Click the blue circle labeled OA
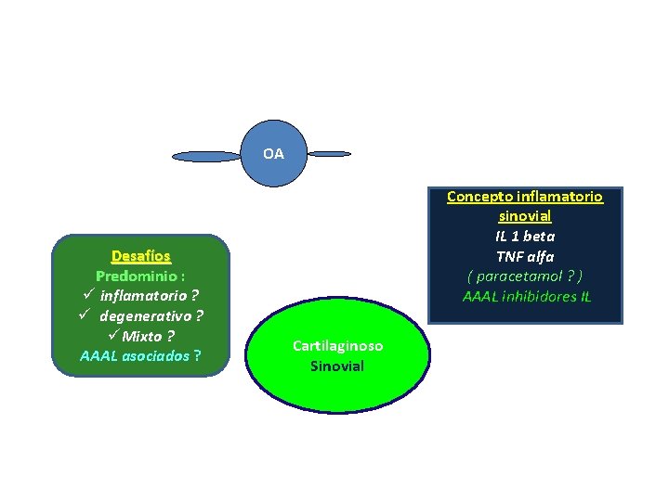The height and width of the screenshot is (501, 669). pyautogui.click(x=273, y=153)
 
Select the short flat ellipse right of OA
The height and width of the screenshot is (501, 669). pyautogui.click(x=329, y=153)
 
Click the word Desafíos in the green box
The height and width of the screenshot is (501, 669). pyautogui.click(x=140, y=256)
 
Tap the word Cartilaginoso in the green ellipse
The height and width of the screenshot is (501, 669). pyautogui.click(x=337, y=346)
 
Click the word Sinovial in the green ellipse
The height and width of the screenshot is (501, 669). pyautogui.click(x=337, y=366)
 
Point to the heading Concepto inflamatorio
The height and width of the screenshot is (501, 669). pyautogui.click(x=524, y=197)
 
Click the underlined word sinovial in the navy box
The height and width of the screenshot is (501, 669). pyautogui.click(x=525, y=216)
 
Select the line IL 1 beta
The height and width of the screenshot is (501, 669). pyautogui.click(x=525, y=237)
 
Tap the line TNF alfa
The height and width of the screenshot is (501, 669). pyautogui.click(x=525, y=257)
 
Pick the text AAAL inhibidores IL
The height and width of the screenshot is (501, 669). pyautogui.click(x=526, y=297)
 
